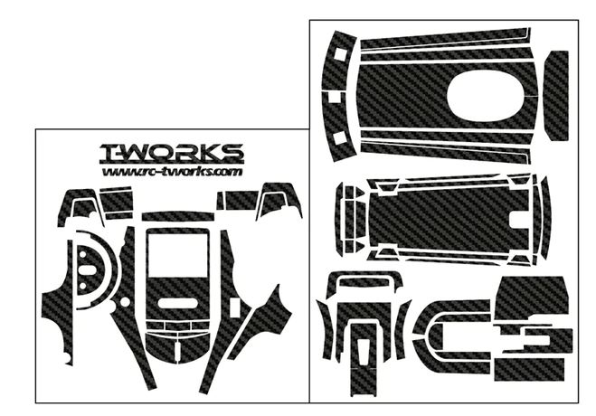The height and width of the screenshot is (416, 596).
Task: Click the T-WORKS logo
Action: coord(171,153)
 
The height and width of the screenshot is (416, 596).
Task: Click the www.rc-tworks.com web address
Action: coord(172,172)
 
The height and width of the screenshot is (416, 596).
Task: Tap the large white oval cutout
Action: coord(486,95)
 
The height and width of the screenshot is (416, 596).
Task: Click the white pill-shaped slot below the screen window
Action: coord(178,303)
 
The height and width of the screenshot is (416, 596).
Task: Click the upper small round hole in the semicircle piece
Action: coord(83,252)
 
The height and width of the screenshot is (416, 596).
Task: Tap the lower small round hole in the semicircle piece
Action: coord(83,286)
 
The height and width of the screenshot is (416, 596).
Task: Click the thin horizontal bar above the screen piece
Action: coord(177,216)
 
